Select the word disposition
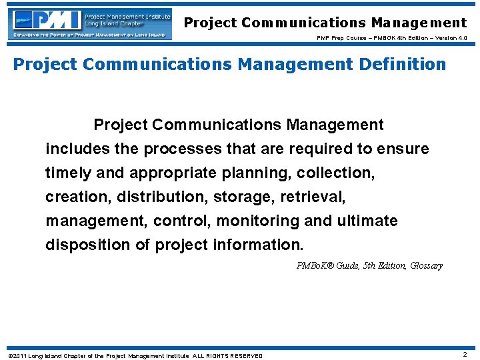[88, 245]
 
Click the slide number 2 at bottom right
[465, 355]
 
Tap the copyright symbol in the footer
[9, 355]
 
